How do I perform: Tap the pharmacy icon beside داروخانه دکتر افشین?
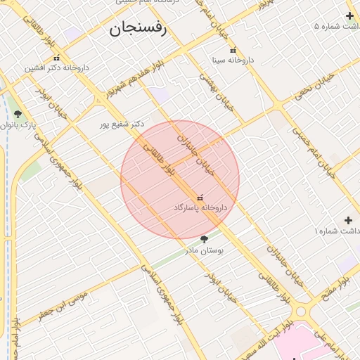[56, 58]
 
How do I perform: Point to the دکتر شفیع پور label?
[121, 124]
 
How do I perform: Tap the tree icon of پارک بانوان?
[18, 114]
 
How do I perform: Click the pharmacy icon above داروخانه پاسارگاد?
[201, 198]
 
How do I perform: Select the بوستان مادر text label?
[204, 250]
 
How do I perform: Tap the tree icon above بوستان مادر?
[204, 239]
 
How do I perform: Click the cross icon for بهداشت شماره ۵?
[349, 15]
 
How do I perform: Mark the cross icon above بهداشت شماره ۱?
[348, 220]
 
